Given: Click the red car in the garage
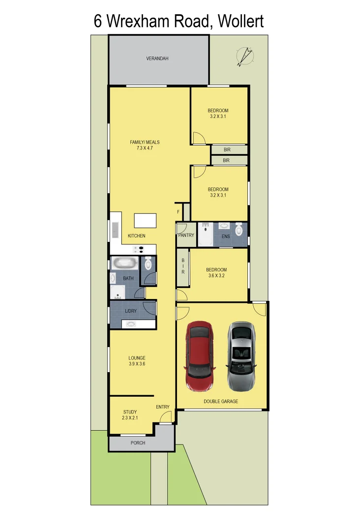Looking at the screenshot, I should point(199,356).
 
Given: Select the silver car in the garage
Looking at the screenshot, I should point(241,356).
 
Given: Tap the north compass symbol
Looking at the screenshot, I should point(244,56).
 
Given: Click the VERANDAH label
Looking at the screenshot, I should point(157,59).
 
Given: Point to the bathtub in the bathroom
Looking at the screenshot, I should point(125,263).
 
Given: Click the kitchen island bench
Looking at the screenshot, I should point(145,220).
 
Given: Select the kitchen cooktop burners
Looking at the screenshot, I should point(139,250).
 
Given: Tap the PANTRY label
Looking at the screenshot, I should point(186,236).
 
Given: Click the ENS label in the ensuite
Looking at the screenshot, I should point(226,236).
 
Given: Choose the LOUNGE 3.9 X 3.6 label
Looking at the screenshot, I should point(137,361).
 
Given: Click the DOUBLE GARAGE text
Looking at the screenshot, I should point(221,401).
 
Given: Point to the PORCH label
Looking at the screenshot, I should point(138,442).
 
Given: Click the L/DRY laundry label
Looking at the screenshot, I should point(131,311).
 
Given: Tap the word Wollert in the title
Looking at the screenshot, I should point(240,22).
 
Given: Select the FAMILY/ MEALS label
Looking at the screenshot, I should point(145,145).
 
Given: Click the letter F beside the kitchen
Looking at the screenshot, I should point(178,212).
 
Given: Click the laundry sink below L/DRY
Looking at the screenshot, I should point(132,324).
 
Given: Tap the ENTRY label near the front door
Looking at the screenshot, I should point(163,407).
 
